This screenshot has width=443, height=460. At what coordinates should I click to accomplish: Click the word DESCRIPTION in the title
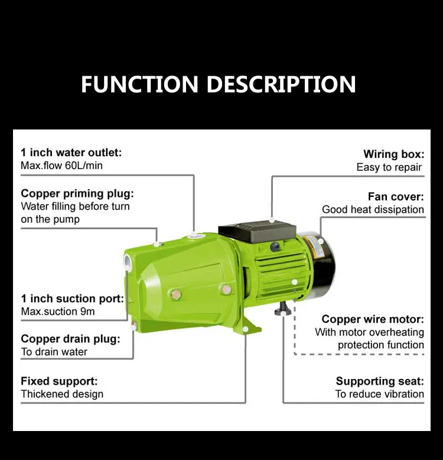pos(281,84)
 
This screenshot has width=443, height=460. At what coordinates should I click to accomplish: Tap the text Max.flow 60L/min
pos(61,166)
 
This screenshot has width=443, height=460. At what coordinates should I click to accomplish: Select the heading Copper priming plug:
pos(77,193)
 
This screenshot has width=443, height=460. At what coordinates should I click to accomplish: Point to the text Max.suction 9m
pos(58,312)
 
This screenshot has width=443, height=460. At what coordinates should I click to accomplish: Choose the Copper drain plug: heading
pos(70,339)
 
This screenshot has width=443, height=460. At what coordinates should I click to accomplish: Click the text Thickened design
pos(62,394)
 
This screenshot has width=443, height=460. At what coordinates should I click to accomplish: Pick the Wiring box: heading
pos(393,154)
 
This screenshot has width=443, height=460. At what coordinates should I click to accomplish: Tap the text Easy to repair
pos(389,167)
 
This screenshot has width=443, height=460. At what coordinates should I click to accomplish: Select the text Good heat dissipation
pos(373,210)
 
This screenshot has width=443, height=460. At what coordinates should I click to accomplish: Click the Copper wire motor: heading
pos(373,319)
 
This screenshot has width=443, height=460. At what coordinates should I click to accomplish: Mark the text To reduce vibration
pos(379,394)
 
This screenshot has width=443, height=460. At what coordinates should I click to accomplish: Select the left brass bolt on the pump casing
pos(175,293)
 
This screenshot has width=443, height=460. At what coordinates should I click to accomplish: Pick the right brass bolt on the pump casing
pos(226,289)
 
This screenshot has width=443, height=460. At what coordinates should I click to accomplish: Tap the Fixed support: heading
pos(59,381)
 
